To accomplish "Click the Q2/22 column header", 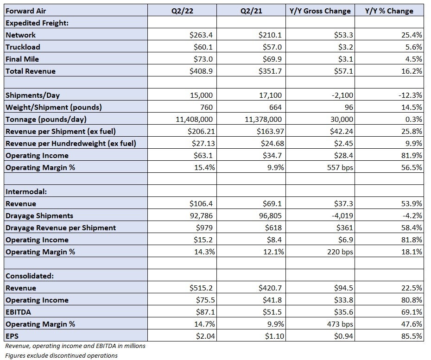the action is coord(182,11).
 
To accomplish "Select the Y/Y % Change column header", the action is coord(389,11).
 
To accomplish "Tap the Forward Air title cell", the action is coord(25,11).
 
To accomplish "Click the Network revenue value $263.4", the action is coord(201,35).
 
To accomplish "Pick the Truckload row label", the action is coord(23,47).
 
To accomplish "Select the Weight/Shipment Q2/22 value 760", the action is coord(206,107).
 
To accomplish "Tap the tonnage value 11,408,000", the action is coord(194,119).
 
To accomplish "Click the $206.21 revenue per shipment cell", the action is coord(201,132).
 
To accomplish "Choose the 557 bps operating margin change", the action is coord(340,168).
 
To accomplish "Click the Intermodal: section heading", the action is coord(26,191).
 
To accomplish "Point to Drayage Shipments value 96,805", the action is coord(270,216).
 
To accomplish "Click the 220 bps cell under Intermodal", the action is coord(340,252).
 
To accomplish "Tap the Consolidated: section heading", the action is coord(30,276).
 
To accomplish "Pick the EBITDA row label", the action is coord(18,312).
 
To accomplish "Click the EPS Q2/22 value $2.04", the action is coord(205,336).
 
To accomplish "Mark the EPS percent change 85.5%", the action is coord(412,336).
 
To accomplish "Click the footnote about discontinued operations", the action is coord(61,356).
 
